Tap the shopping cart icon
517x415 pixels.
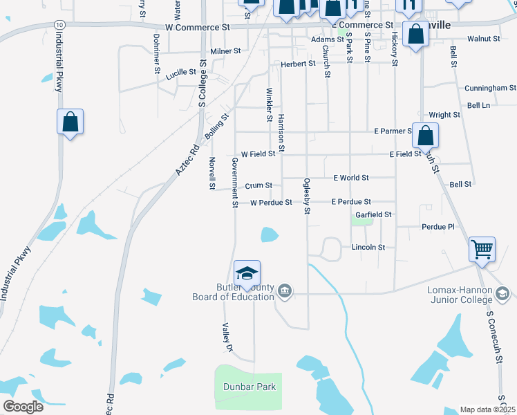[x=482, y=249]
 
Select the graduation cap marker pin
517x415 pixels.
[x=247, y=272]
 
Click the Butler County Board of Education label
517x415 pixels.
[x=233, y=293]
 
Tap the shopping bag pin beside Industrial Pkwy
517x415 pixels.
[x=70, y=122]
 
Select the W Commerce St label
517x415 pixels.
[x=193, y=28]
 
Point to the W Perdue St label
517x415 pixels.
[x=271, y=203]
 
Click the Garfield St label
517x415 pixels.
[x=373, y=215]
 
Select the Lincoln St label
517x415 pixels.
[x=368, y=247]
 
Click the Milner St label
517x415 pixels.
[x=225, y=51]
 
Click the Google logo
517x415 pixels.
[x=23, y=407]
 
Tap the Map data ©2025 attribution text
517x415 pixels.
[x=487, y=410]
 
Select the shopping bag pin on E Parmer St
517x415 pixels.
[x=425, y=134]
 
